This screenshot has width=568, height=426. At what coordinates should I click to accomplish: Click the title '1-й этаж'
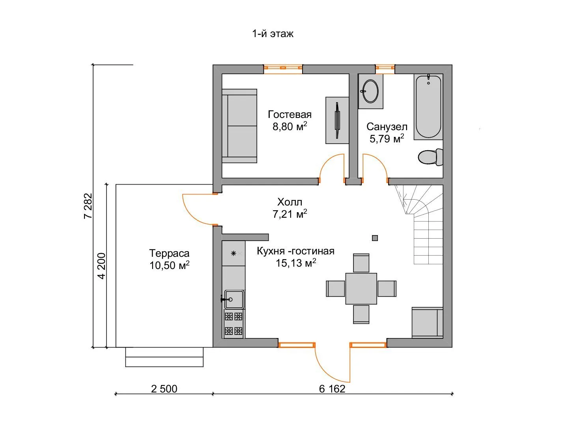273,34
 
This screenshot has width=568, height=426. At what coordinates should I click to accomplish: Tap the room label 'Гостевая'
290,114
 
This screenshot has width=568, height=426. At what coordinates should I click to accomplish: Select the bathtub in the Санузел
428,107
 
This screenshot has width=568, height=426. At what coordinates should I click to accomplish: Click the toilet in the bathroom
431,157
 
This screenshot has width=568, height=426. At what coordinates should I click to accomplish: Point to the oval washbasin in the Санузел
370,91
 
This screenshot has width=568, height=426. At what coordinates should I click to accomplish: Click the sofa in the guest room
239,126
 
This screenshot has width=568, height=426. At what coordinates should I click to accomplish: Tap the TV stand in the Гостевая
337,120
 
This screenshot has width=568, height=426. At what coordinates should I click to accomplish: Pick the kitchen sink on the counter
234,299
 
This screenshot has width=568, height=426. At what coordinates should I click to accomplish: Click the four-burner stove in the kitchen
234,323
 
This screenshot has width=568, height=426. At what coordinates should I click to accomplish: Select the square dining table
361,288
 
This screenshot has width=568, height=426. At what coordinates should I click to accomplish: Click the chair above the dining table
361,263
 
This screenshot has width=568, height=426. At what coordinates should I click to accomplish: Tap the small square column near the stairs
375,238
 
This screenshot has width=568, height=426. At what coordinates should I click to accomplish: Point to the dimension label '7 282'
88,206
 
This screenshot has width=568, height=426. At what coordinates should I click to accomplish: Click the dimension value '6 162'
332,389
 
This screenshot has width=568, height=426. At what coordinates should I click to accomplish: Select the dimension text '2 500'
164,389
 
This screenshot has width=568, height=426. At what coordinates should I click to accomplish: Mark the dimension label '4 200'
101,266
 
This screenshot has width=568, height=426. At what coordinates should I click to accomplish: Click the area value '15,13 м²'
296,263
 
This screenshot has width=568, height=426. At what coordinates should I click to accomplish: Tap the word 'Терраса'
169,253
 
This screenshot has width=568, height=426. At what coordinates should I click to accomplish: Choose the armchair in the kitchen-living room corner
427,323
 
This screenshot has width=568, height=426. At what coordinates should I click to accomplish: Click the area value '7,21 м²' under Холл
290,214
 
